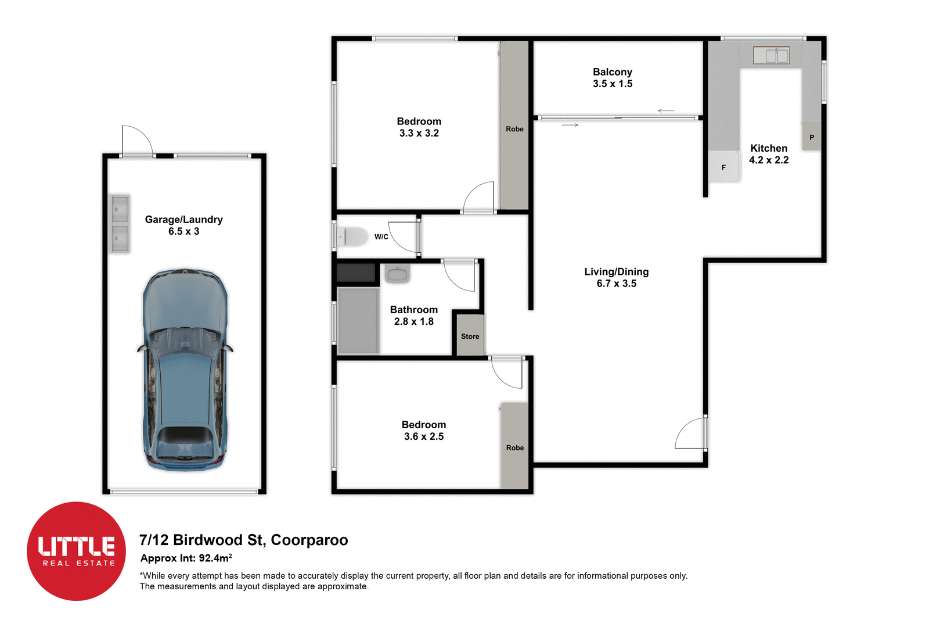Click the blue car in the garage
coord(185,370)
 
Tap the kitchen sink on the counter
coord(771,55)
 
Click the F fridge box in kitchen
coord(723,167)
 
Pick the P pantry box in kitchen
coord(811,137)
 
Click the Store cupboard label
coord(470,336)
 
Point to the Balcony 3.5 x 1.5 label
coord(613,78)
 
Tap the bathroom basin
coord(398,274)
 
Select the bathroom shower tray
coord(358,320)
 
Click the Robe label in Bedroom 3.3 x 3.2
coord(514,129)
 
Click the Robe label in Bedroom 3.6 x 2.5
coord(514,447)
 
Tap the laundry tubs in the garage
coord(120,224)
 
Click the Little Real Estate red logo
coord(76,551)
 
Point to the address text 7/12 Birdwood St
coord(243,540)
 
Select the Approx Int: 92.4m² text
coord(186,558)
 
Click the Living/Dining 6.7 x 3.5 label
coord(616,278)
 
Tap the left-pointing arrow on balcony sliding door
coord(665,110)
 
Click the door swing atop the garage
coord(137,141)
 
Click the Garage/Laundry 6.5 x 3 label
coord(183,225)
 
